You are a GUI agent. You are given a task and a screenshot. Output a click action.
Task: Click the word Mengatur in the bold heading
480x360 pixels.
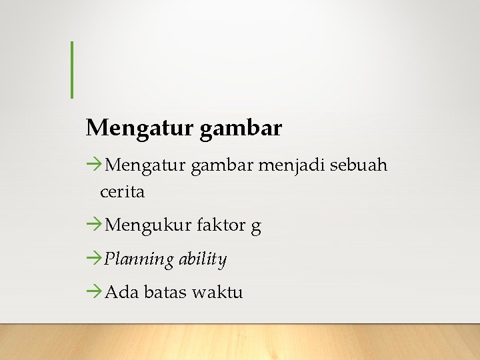pos(139,127)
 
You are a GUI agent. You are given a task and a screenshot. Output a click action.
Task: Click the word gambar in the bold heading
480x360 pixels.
pos(241,127)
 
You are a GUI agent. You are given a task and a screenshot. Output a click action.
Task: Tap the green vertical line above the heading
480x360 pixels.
pos(71,69)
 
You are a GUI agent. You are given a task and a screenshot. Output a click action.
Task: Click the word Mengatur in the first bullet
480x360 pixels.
pos(145,165)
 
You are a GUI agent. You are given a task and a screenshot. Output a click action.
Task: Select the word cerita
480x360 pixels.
pos(122,192)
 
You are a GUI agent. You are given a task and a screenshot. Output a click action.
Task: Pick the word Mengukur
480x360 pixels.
pos(147,226)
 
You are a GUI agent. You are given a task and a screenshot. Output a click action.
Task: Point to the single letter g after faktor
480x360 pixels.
pos(256,227)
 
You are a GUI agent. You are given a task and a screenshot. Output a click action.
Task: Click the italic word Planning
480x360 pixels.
pos(139,259)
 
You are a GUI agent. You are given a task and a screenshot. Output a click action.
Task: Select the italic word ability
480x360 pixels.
pos(203,259)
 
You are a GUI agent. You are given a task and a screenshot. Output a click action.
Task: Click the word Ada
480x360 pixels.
pos(119,292)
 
